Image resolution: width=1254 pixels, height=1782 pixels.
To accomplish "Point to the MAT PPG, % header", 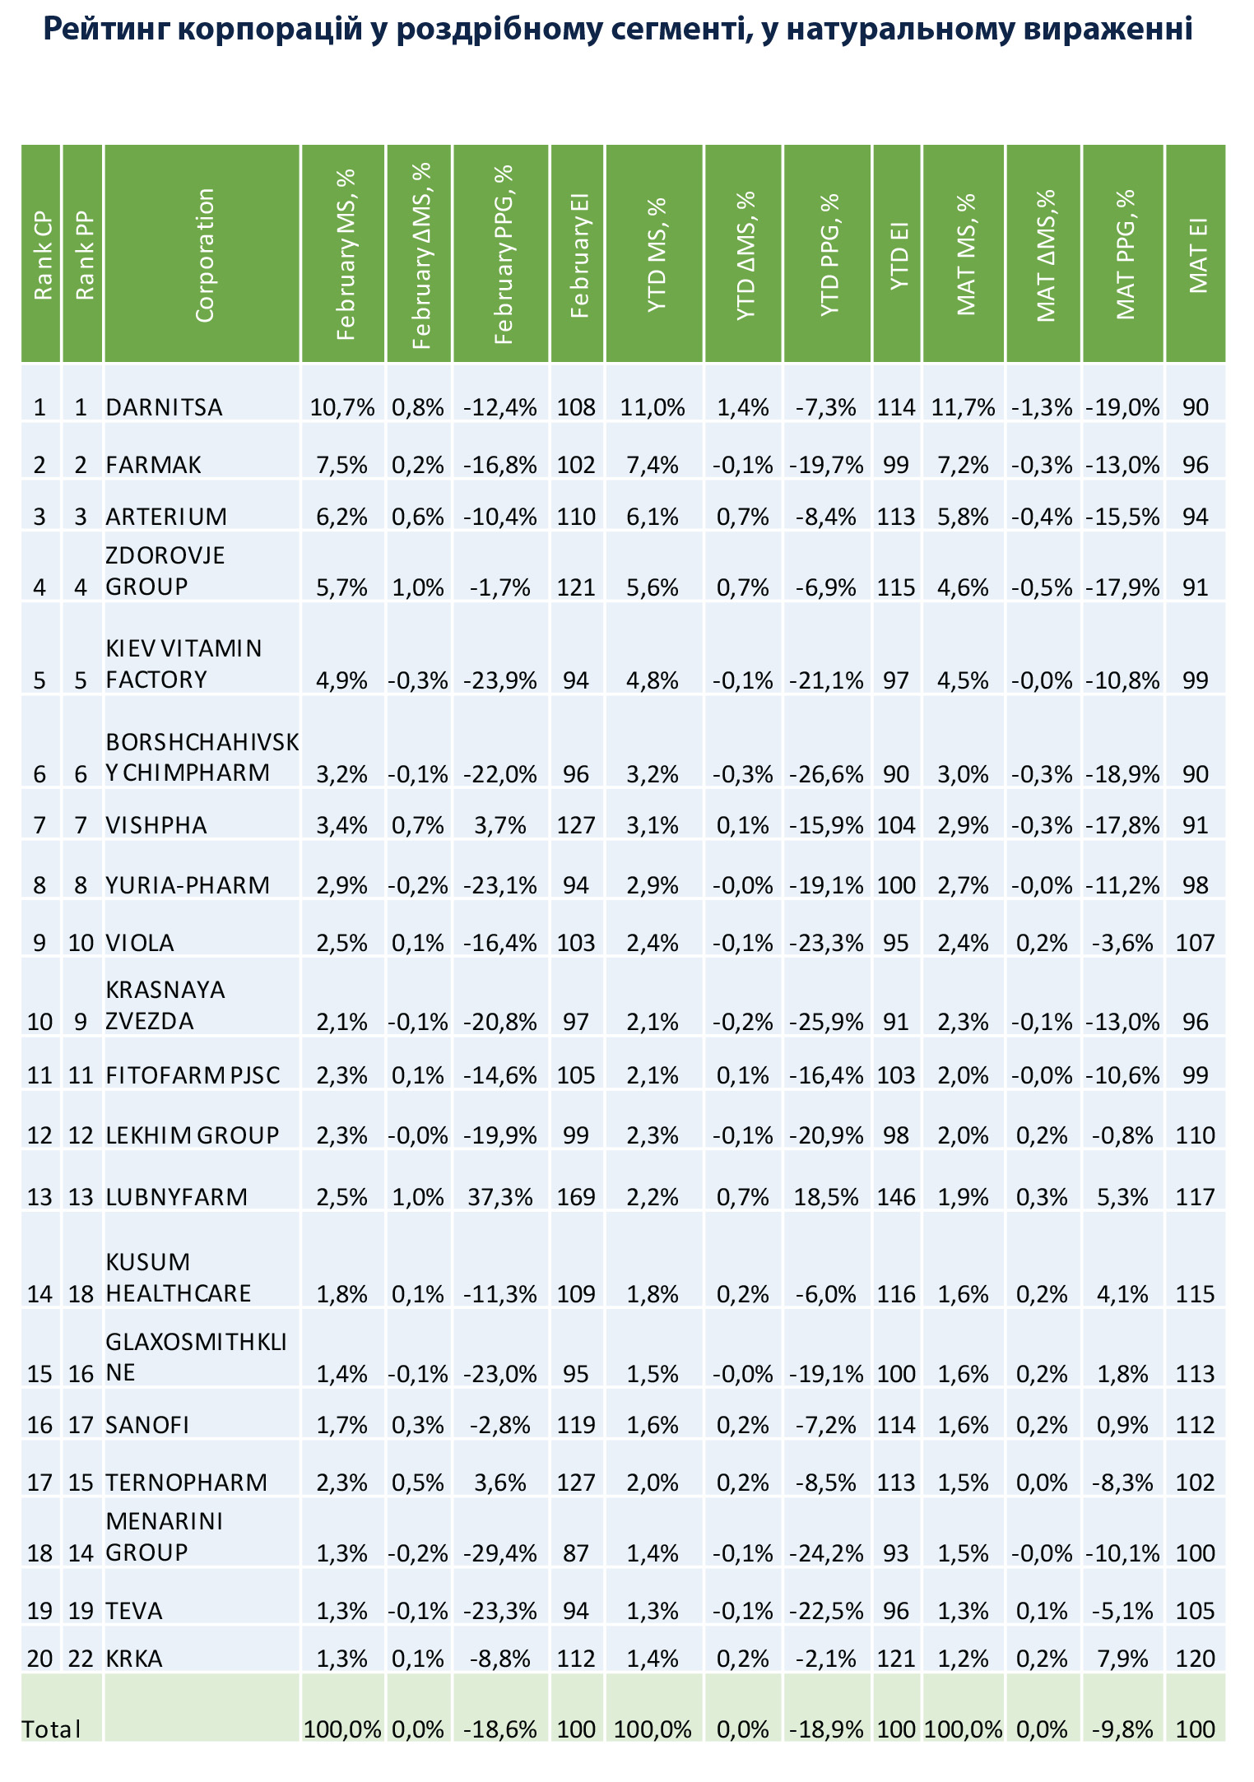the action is click(1125, 255).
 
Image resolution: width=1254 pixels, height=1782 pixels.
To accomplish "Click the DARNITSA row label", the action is click(164, 407).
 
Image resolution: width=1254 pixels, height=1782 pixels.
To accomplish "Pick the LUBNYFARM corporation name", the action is click(177, 1196).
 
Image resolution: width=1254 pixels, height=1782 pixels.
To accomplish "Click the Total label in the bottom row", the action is click(51, 1729).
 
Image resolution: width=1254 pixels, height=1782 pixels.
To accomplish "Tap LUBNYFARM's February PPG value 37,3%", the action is click(500, 1196).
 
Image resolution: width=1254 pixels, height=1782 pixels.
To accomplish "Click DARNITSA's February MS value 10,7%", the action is click(342, 407).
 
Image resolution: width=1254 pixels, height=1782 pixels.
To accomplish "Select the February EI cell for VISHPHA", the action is click(576, 825).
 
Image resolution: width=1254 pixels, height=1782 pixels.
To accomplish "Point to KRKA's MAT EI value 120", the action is click(1196, 1659).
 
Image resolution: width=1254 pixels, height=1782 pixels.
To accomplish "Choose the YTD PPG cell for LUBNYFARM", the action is click(826, 1196).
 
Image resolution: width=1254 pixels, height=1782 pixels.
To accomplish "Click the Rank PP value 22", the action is click(81, 1659).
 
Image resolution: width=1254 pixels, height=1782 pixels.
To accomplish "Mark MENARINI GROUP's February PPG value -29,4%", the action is click(500, 1553).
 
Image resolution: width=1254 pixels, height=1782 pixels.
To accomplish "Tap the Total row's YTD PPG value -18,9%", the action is click(826, 1729).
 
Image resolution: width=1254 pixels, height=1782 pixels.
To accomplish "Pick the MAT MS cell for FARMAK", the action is click(964, 466).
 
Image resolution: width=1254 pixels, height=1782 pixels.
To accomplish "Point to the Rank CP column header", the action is click(42, 257).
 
